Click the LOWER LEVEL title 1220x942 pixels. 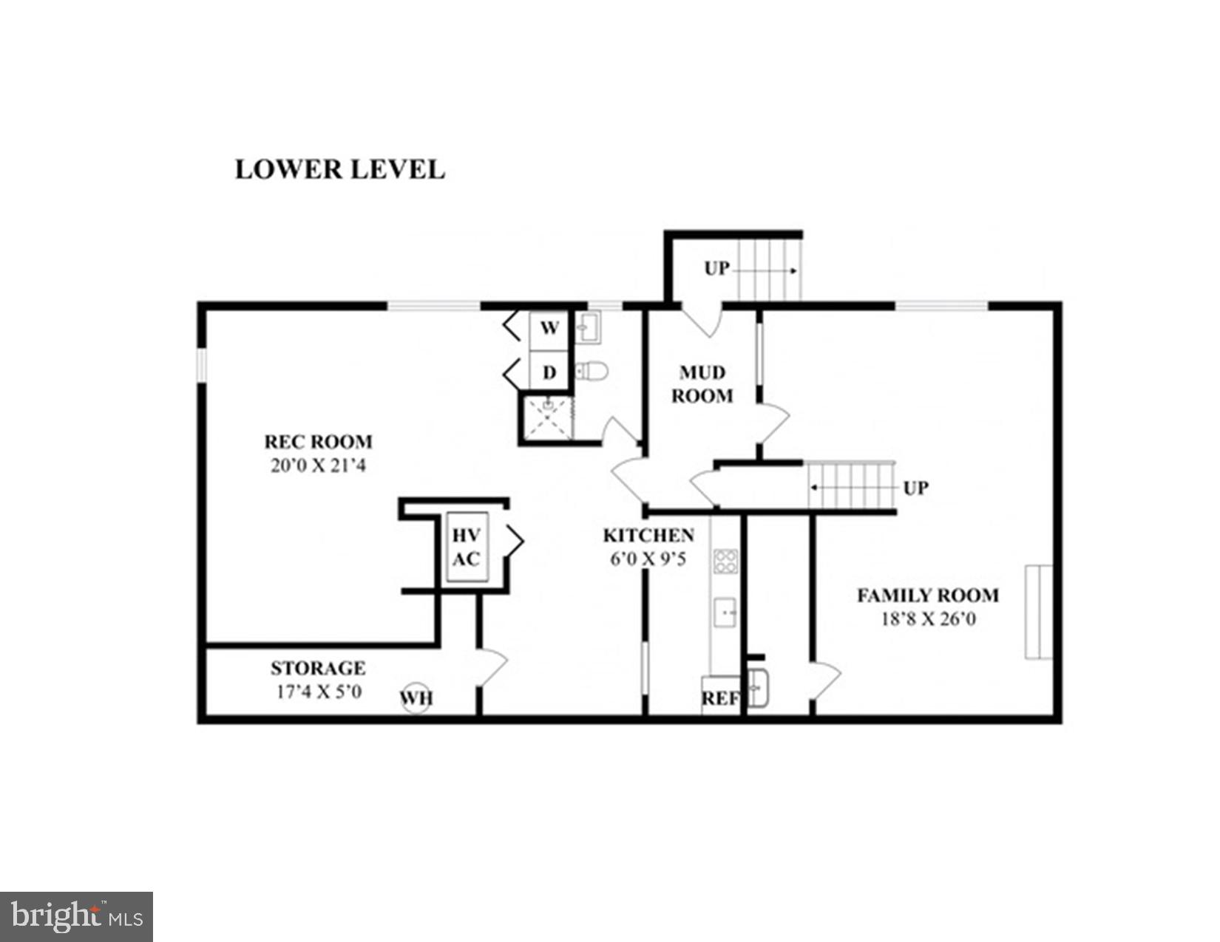(x=339, y=169)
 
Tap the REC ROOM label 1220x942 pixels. (x=318, y=442)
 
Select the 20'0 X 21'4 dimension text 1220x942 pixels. (x=318, y=465)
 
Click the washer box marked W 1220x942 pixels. (x=549, y=328)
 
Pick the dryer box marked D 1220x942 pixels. (x=549, y=372)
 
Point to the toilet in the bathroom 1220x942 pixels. (x=591, y=370)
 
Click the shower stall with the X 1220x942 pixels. (x=547, y=418)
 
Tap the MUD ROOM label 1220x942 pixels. (x=702, y=384)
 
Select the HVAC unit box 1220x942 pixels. (x=466, y=547)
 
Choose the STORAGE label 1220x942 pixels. (x=318, y=668)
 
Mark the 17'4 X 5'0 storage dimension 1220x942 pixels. (x=318, y=692)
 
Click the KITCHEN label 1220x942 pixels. (x=648, y=535)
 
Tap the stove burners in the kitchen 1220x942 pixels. (x=725, y=562)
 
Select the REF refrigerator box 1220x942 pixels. (x=720, y=697)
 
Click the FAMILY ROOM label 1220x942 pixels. (x=928, y=595)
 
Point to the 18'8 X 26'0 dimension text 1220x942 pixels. (x=928, y=618)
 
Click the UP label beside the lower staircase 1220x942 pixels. (x=915, y=488)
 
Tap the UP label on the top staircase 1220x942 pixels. (x=716, y=268)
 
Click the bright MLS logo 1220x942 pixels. (x=76, y=917)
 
